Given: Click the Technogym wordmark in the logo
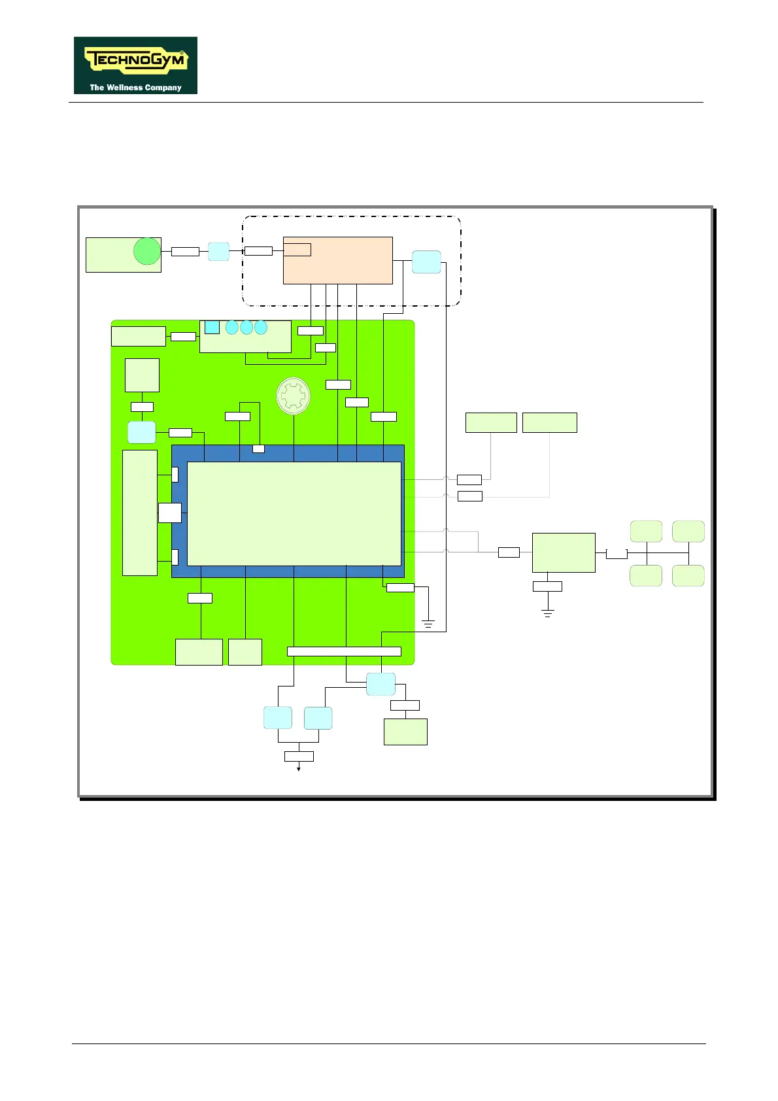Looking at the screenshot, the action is pyautogui.click(x=136, y=61).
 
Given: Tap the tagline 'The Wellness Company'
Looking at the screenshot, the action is pyautogui.click(x=135, y=88).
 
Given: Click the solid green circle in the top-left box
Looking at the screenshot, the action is pyautogui.click(x=147, y=252).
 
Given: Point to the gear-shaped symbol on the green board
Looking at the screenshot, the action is pyautogui.click(x=294, y=396).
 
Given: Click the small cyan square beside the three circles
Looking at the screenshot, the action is pyautogui.click(x=212, y=327).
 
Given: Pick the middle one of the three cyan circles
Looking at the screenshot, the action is pyautogui.click(x=246, y=327).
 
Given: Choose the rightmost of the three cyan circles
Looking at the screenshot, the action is pyautogui.click(x=261, y=327).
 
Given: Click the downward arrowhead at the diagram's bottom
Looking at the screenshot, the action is pyautogui.click(x=299, y=769).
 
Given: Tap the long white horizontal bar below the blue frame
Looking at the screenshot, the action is pyautogui.click(x=344, y=651).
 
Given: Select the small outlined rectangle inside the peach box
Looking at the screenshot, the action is pyautogui.click(x=297, y=249).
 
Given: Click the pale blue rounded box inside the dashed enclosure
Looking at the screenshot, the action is pyautogui.click(x=426, y=262).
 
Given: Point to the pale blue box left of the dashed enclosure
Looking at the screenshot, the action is pyautogui.click(x=218, y=252).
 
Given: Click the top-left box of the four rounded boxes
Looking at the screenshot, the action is pyautogui.click(x=646, y=532).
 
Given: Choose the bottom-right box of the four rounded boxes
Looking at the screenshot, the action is pyautogui.click(x=688, y=575).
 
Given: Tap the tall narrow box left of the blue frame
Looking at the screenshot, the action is pyautogui.click(x=140, y=513).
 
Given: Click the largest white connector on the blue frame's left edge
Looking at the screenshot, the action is pyautogui.click(x=170, y=513).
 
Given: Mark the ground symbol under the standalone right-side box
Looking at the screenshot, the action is pyautogui.click(x=548, y=613).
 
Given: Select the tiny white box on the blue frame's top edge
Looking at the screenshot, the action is pyautogui.click(x=258, y=449).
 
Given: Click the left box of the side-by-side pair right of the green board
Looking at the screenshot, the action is pyautogui.click(x=491, y=422).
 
